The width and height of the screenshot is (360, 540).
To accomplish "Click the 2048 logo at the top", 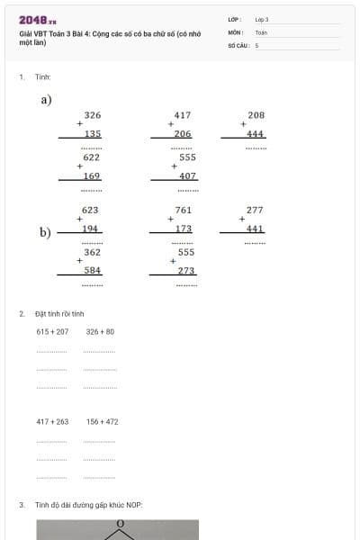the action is (37, 21).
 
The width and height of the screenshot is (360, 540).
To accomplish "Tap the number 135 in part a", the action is (92, 133).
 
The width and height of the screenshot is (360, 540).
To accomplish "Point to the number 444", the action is (256, 133).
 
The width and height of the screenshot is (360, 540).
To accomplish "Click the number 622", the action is (92, 157).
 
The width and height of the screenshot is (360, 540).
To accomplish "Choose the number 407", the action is (187, 175).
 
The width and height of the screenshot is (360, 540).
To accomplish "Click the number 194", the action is (90, 229).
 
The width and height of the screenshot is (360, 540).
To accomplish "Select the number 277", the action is (255, 210).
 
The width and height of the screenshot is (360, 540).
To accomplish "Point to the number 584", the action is (93, 270).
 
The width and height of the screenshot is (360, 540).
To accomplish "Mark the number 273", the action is (186, 270).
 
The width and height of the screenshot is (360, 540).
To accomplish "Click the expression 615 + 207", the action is (52, 331).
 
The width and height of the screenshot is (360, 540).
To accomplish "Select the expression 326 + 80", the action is (100, 331).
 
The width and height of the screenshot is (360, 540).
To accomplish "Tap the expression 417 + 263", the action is (52, 421).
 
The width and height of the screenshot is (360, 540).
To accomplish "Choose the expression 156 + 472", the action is (102, 421).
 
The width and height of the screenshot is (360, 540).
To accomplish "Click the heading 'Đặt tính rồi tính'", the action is (59, 313).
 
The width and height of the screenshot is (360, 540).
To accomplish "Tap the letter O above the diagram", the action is (119, 532).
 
